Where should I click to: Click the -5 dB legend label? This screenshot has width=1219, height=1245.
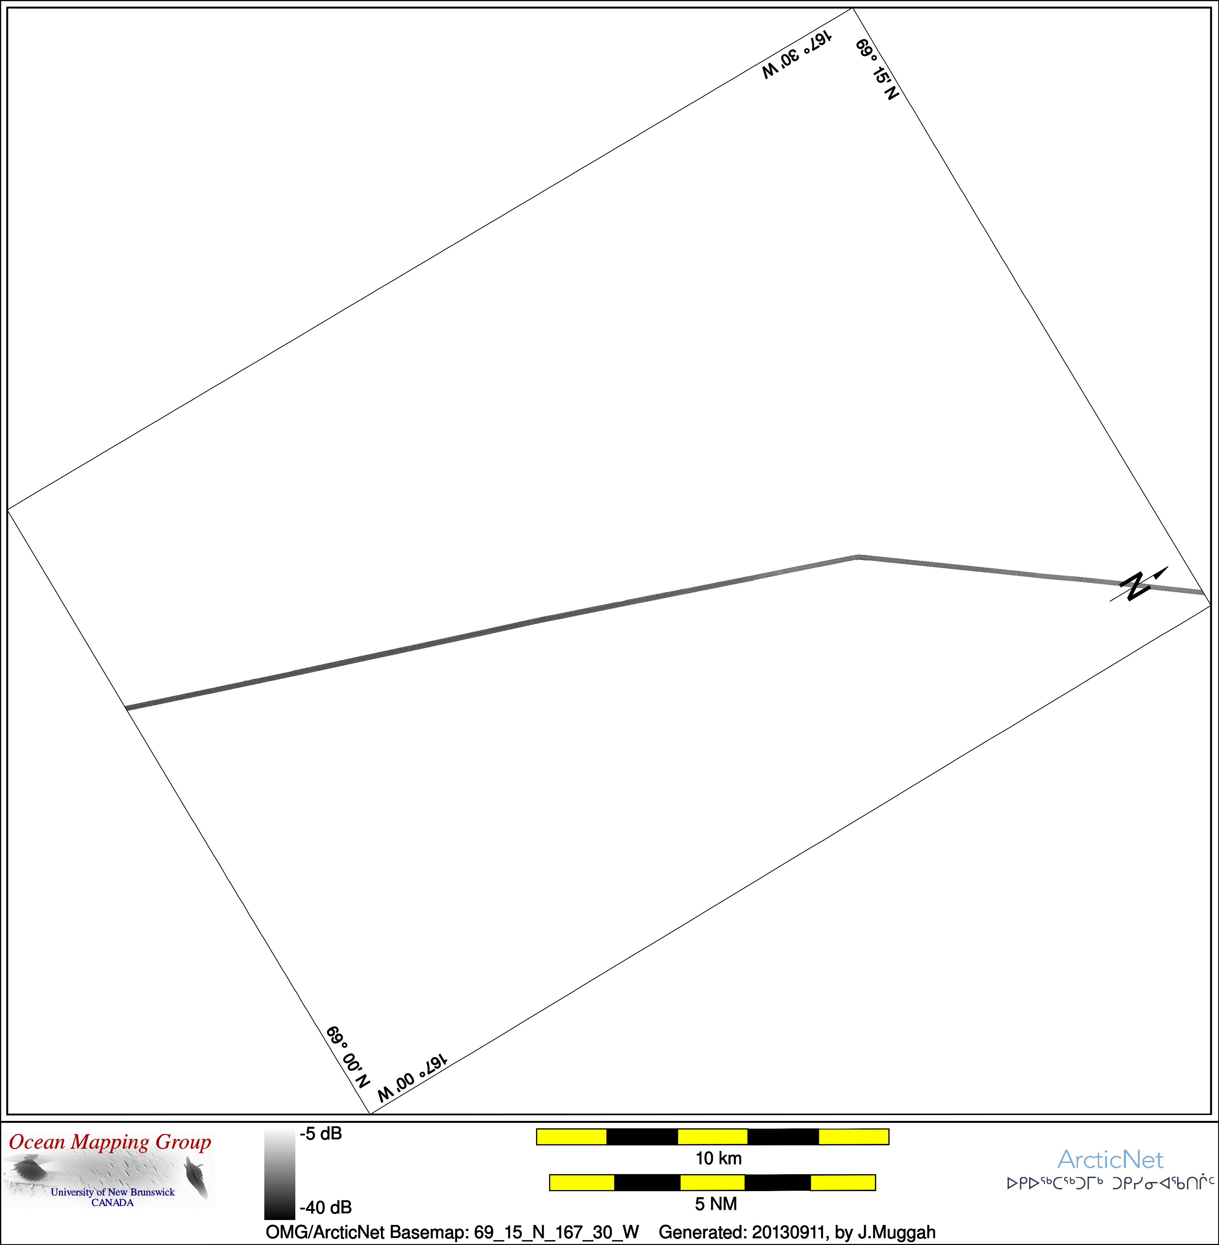pos(321,1134)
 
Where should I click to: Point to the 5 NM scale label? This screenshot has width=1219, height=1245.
pos(716,1204)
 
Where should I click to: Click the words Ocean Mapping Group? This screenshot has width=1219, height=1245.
pos(110,1142)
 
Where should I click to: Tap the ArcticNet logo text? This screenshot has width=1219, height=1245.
pos(1110,1159)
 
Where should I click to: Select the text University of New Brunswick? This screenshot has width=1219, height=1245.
pos(113,1192)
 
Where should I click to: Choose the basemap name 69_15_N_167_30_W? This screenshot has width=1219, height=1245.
pos(556,1232)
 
